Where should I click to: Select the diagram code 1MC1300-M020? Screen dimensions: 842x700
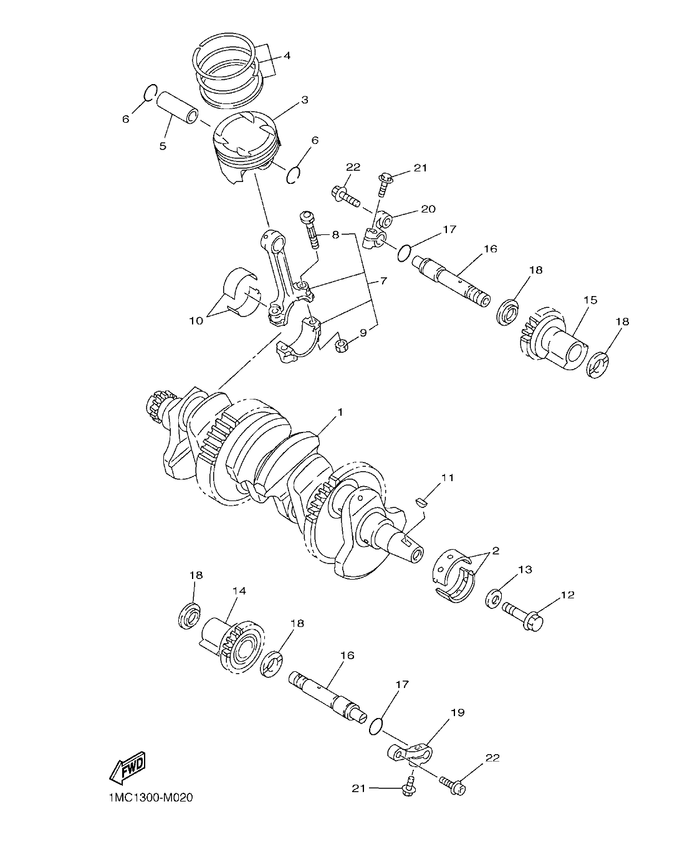146,798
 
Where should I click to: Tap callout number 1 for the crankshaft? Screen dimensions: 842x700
340,413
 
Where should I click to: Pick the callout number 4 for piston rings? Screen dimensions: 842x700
287,55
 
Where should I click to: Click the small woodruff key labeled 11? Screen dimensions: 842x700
421,499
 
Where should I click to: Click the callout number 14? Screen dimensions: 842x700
239,591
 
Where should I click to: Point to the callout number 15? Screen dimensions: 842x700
590,300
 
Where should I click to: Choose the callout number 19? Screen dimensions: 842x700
458,712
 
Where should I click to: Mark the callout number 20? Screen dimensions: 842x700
428,209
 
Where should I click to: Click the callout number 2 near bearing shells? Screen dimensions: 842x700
496,551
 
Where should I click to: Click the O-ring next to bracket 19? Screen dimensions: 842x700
376,725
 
